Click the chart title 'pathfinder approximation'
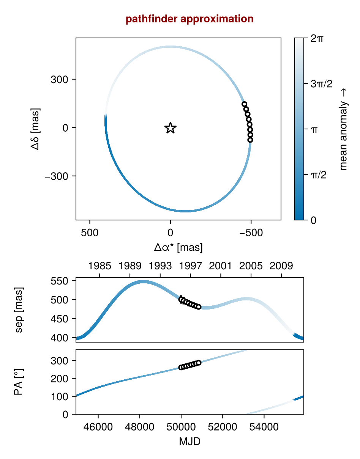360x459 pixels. click(x=189, y=19)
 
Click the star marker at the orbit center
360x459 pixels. click(x=171, y=128)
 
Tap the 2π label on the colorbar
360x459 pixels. click(x=317, y=38)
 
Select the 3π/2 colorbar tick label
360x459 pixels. click(x=321, y=84)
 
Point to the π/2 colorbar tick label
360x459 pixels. click(x=319, y=175)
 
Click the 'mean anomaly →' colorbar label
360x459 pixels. click(x=343, y=129)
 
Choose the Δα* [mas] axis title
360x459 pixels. click(x=178, y=248)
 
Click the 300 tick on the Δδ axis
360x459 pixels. click(x=59, y=80)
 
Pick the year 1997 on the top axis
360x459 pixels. click(x=190, y=266)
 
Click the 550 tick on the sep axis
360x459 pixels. click(x=59, y=281)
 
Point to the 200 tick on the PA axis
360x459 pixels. click(x=59, y=379)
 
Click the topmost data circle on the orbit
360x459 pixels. click(x=244, y=104)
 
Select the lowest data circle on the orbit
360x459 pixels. click(x=250, y=140)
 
